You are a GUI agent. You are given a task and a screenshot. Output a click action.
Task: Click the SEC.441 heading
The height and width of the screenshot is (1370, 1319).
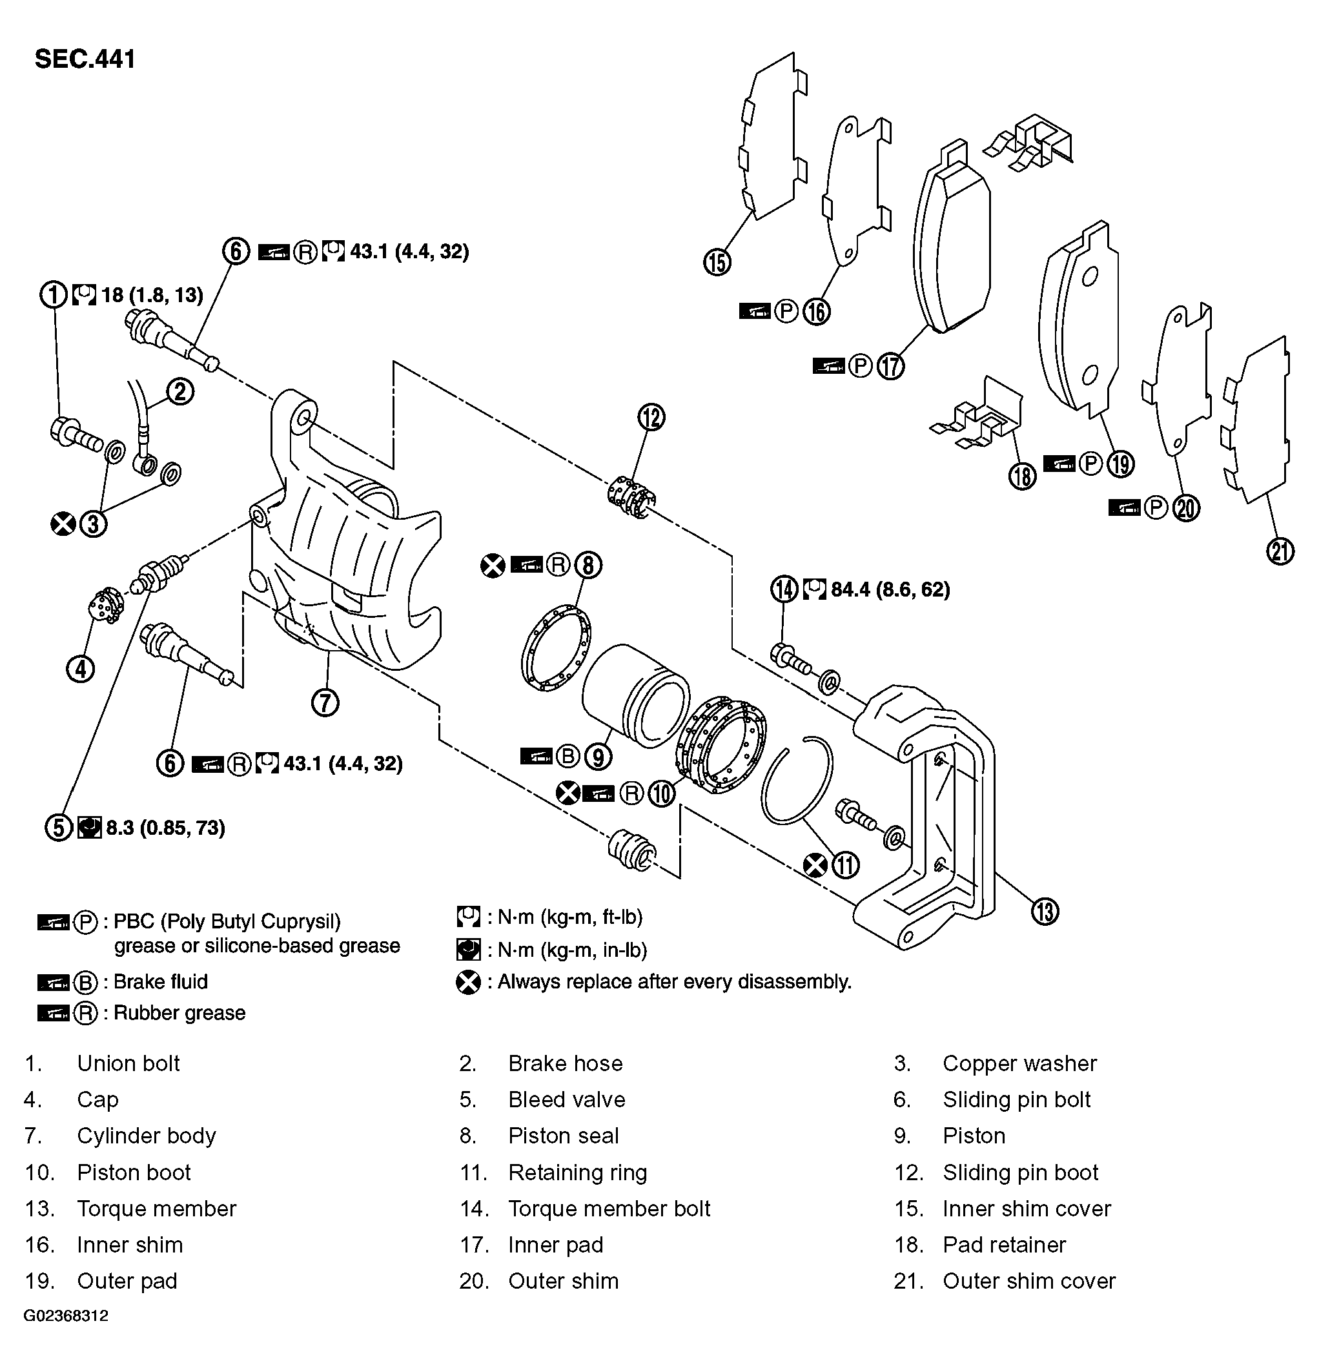85,59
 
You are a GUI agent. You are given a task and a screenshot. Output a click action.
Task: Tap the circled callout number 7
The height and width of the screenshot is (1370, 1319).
325,702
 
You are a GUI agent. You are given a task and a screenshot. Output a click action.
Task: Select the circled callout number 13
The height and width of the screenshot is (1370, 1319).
1045,912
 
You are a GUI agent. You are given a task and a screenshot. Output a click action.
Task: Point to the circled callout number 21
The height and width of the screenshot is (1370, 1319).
1280,551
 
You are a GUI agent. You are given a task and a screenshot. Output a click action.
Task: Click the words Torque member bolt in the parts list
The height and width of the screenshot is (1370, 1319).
609,1208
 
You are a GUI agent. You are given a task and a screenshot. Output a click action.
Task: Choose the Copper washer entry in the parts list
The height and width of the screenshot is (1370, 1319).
1019,1063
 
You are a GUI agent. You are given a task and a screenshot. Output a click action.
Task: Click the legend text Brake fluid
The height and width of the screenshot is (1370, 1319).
160,981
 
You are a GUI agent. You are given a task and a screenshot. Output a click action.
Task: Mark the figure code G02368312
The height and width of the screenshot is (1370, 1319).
66,1316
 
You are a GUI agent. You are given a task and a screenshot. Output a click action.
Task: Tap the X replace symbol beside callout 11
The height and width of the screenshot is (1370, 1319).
815,866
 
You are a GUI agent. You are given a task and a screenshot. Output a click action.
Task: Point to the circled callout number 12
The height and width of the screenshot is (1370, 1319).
651,417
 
